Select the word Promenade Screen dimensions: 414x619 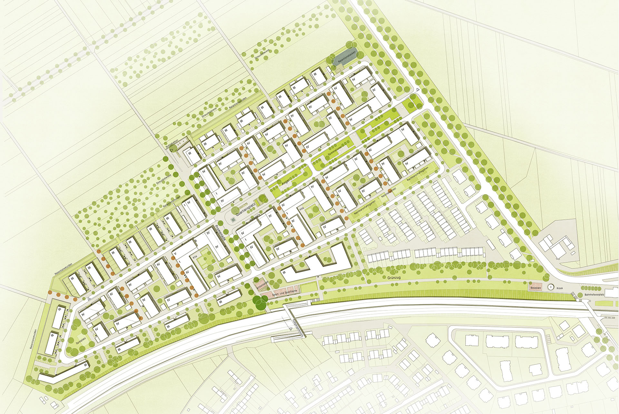click(223, 234)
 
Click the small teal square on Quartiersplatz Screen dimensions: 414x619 click(233, 220)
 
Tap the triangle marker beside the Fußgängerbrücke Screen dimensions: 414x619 click(291, 328)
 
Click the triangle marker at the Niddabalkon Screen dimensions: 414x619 click(172, 150)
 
